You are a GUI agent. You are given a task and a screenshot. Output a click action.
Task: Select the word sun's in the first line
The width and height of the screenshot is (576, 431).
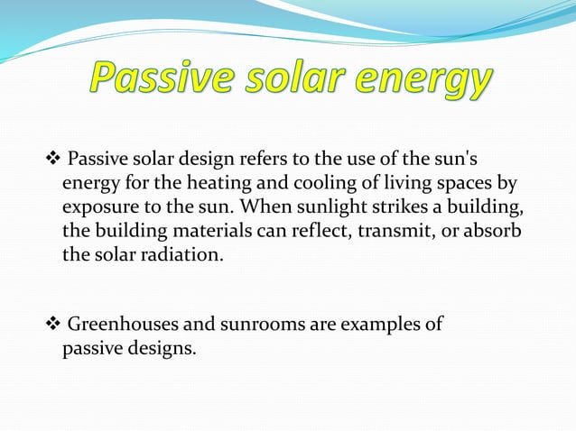[x=468, y=162]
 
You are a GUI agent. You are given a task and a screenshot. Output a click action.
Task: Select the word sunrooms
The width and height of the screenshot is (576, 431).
[x=272, y=324]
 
